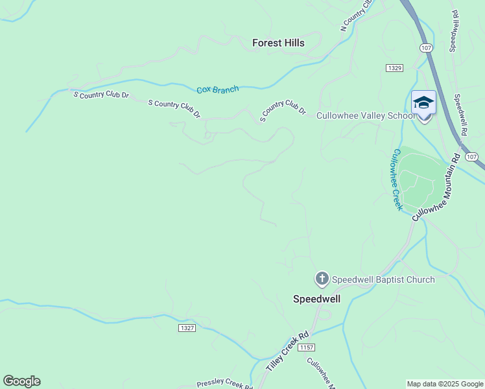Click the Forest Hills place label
[278, 43]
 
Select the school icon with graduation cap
[423, 104]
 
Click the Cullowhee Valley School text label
[365, 116]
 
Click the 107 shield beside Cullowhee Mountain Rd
[471, 158]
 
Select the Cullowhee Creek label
[396, 180]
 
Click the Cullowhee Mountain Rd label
[437, 189]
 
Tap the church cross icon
[321, 279]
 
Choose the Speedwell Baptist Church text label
[383, 279]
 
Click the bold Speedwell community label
[317, 299]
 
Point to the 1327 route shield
[187, 328]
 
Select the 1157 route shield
[307, 348]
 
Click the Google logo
[21, 381]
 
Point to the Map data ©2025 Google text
[444, 384]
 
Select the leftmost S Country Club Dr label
[101, 95]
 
